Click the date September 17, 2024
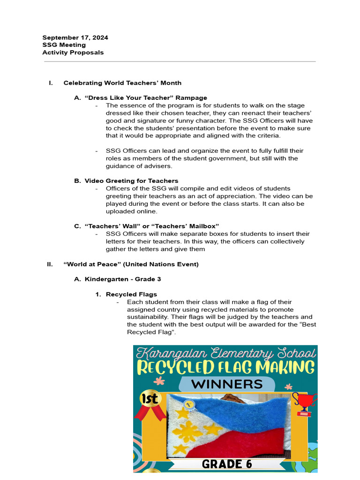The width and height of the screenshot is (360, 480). (75, 37)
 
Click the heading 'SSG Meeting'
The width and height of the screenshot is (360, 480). (64, 45)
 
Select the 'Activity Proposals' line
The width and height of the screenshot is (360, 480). (73, 52)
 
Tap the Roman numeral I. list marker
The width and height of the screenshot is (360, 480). (51, 83)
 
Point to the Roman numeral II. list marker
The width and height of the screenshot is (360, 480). (50, 264)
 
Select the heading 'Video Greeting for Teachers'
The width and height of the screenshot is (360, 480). (131, 181)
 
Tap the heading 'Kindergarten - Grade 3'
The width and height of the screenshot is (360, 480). (123, 279)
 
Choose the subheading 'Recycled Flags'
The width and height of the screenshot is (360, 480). (131, 294)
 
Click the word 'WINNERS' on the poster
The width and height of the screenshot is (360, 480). (227, 384)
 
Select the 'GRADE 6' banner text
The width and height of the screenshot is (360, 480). (227, 464)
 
